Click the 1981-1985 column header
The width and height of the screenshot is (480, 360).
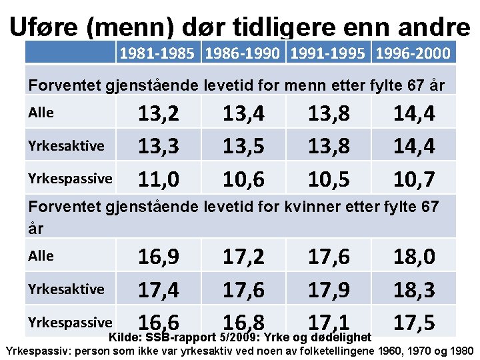tap(159, 53)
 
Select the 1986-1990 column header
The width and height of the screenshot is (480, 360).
tap(243, 53)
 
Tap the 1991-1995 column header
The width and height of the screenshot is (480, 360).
tap(328, 53)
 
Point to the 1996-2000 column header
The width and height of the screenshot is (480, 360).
tap(413, 53)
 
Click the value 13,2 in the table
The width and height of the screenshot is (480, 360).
tap(159, 114)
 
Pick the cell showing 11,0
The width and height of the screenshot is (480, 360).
tap(159, 179)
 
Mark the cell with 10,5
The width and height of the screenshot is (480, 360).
tap(329, 179)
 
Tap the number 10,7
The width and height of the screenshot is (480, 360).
tap(414, 179)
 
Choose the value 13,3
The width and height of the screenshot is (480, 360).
tap(159, 147)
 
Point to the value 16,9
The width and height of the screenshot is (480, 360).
tap(159, 257)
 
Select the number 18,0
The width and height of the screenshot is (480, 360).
tap(414, 257)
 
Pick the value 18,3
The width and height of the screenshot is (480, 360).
tap(414, 289)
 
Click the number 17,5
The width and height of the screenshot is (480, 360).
tap(414, 322)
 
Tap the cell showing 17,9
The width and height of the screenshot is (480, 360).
tap(329, 289)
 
